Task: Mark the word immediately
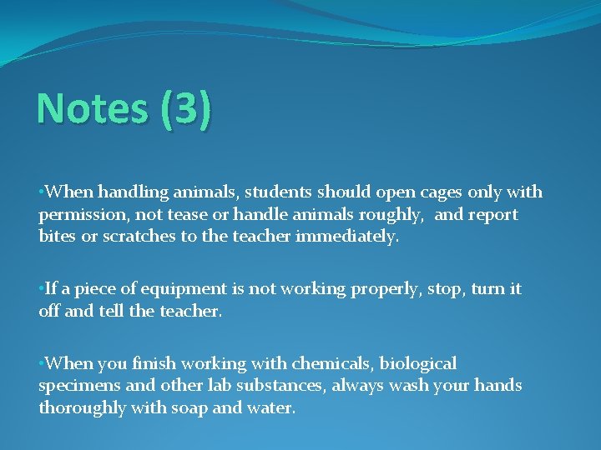(x=346, y=237)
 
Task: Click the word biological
(x=419, y=363)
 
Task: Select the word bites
(x=57, y=237)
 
